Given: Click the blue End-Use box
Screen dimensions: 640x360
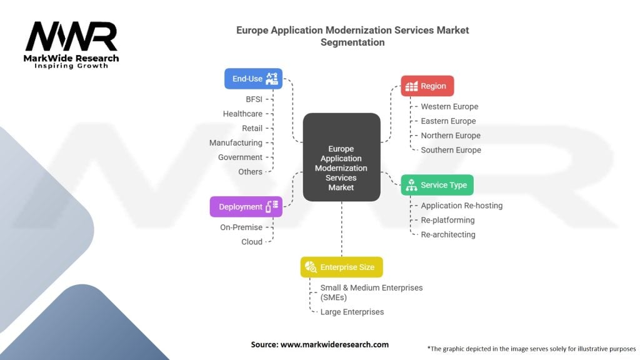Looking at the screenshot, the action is (254, 78).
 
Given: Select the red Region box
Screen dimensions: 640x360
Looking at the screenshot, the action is (427, 86).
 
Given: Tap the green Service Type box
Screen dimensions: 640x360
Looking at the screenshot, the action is (437, 185).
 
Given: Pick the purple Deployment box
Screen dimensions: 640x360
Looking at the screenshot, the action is (246, 206).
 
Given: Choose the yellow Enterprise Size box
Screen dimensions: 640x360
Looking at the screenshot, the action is (342, 267).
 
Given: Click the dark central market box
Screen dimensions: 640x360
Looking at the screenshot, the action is (342, 157).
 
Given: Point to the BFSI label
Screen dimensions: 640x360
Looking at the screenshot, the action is (254, 99).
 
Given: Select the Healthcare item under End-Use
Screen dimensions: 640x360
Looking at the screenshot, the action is (242, 114).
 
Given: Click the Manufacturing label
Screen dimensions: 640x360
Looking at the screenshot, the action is (236, 143).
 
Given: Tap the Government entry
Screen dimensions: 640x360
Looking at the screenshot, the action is (240, 157).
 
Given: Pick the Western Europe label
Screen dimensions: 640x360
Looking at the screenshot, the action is (449, 106).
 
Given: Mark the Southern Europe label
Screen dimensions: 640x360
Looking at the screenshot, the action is (451, 150).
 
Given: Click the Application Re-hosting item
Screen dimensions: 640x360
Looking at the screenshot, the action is (462, 206).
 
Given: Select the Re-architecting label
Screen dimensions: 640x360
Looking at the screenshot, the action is (448, 235).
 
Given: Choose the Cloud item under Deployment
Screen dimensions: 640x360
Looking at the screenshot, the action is (252, 242).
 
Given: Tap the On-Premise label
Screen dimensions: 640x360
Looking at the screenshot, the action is (241, 227).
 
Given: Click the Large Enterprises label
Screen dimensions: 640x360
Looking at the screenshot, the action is (352, 312).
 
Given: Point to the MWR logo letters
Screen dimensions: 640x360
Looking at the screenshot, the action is (71, 36).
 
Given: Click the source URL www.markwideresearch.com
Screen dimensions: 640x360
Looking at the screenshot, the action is (335, 344).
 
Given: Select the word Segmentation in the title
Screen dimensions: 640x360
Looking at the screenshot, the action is (352, 42).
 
